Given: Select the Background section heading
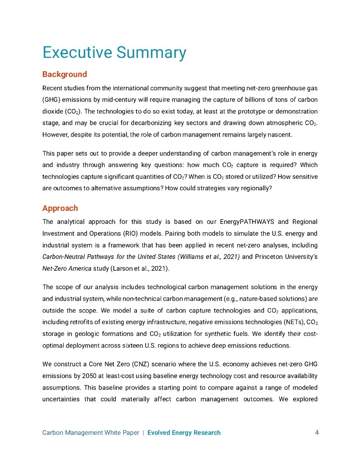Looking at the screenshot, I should [x=65, y=74].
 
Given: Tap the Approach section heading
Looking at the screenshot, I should [x=60, y=208].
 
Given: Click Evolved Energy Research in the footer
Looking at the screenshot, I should [x=184, y=433].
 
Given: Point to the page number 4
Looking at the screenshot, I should [x=317, y=433].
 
